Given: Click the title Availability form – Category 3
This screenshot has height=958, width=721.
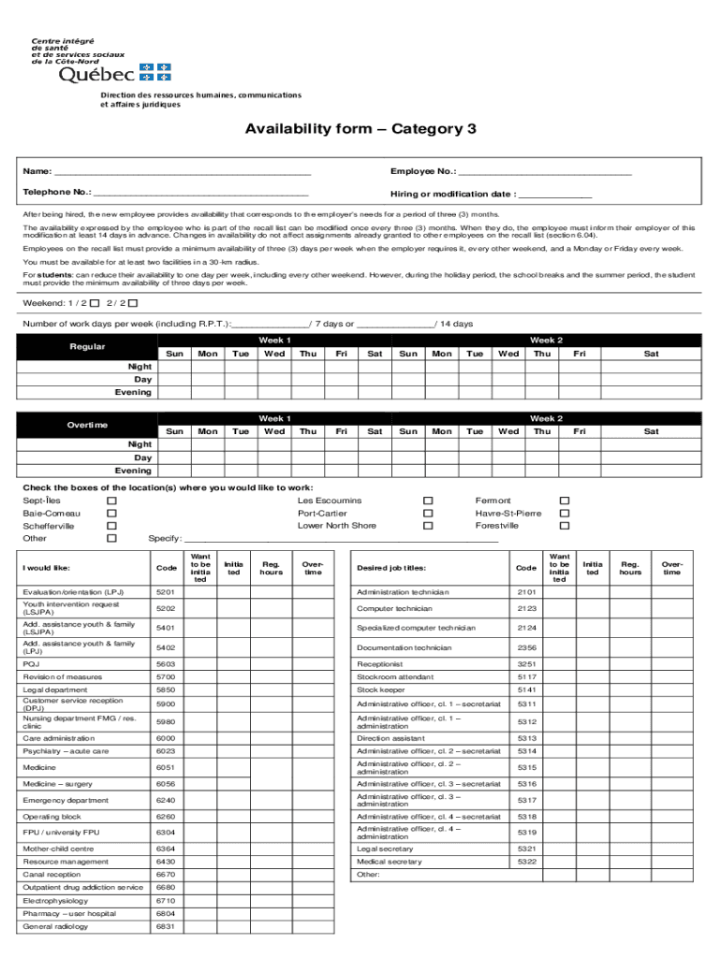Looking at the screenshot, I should coord(360,129).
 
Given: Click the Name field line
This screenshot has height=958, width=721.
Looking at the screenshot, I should coord(182,172).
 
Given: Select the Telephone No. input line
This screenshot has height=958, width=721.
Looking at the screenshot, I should coord(201,193).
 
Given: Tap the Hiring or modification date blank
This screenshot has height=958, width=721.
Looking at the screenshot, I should coord(555,195).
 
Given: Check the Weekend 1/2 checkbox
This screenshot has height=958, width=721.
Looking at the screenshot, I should coord(95,304).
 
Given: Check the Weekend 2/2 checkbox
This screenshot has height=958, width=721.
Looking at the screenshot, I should coord(132,304).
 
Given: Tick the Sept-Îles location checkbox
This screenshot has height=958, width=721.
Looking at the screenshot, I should coord(111,501).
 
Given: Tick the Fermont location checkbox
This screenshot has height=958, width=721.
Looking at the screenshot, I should coord(565,501).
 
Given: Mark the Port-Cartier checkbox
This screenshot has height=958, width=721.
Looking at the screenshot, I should coord(428,514).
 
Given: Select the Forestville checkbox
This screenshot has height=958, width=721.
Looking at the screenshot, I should coord(565,526).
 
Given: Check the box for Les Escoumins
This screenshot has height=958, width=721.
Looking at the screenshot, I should coord(428,501).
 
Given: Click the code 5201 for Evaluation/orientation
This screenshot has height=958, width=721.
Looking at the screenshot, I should coord(166,592).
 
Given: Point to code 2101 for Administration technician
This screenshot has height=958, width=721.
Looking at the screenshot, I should coord(526,592).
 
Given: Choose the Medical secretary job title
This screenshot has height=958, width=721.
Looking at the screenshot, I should coord(390,862).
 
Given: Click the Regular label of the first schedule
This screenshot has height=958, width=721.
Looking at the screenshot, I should coord(87,347).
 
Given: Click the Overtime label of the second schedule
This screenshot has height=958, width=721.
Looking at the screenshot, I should coord(87,425).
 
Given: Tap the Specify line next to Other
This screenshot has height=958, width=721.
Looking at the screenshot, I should coord(342,539).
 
